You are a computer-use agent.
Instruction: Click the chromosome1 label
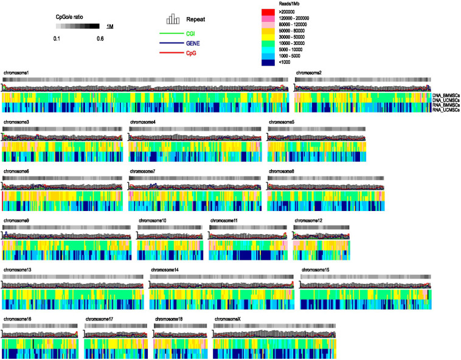coord(16,73)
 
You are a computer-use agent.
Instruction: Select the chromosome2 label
coord(309,73)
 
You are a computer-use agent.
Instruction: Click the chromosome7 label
coord(143,171)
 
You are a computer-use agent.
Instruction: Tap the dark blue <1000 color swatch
coord(268,62)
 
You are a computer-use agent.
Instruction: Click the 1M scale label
coord(110,27)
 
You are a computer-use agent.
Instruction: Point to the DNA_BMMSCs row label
coord(445,96)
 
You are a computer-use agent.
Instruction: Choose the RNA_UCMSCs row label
coord(445,109)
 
